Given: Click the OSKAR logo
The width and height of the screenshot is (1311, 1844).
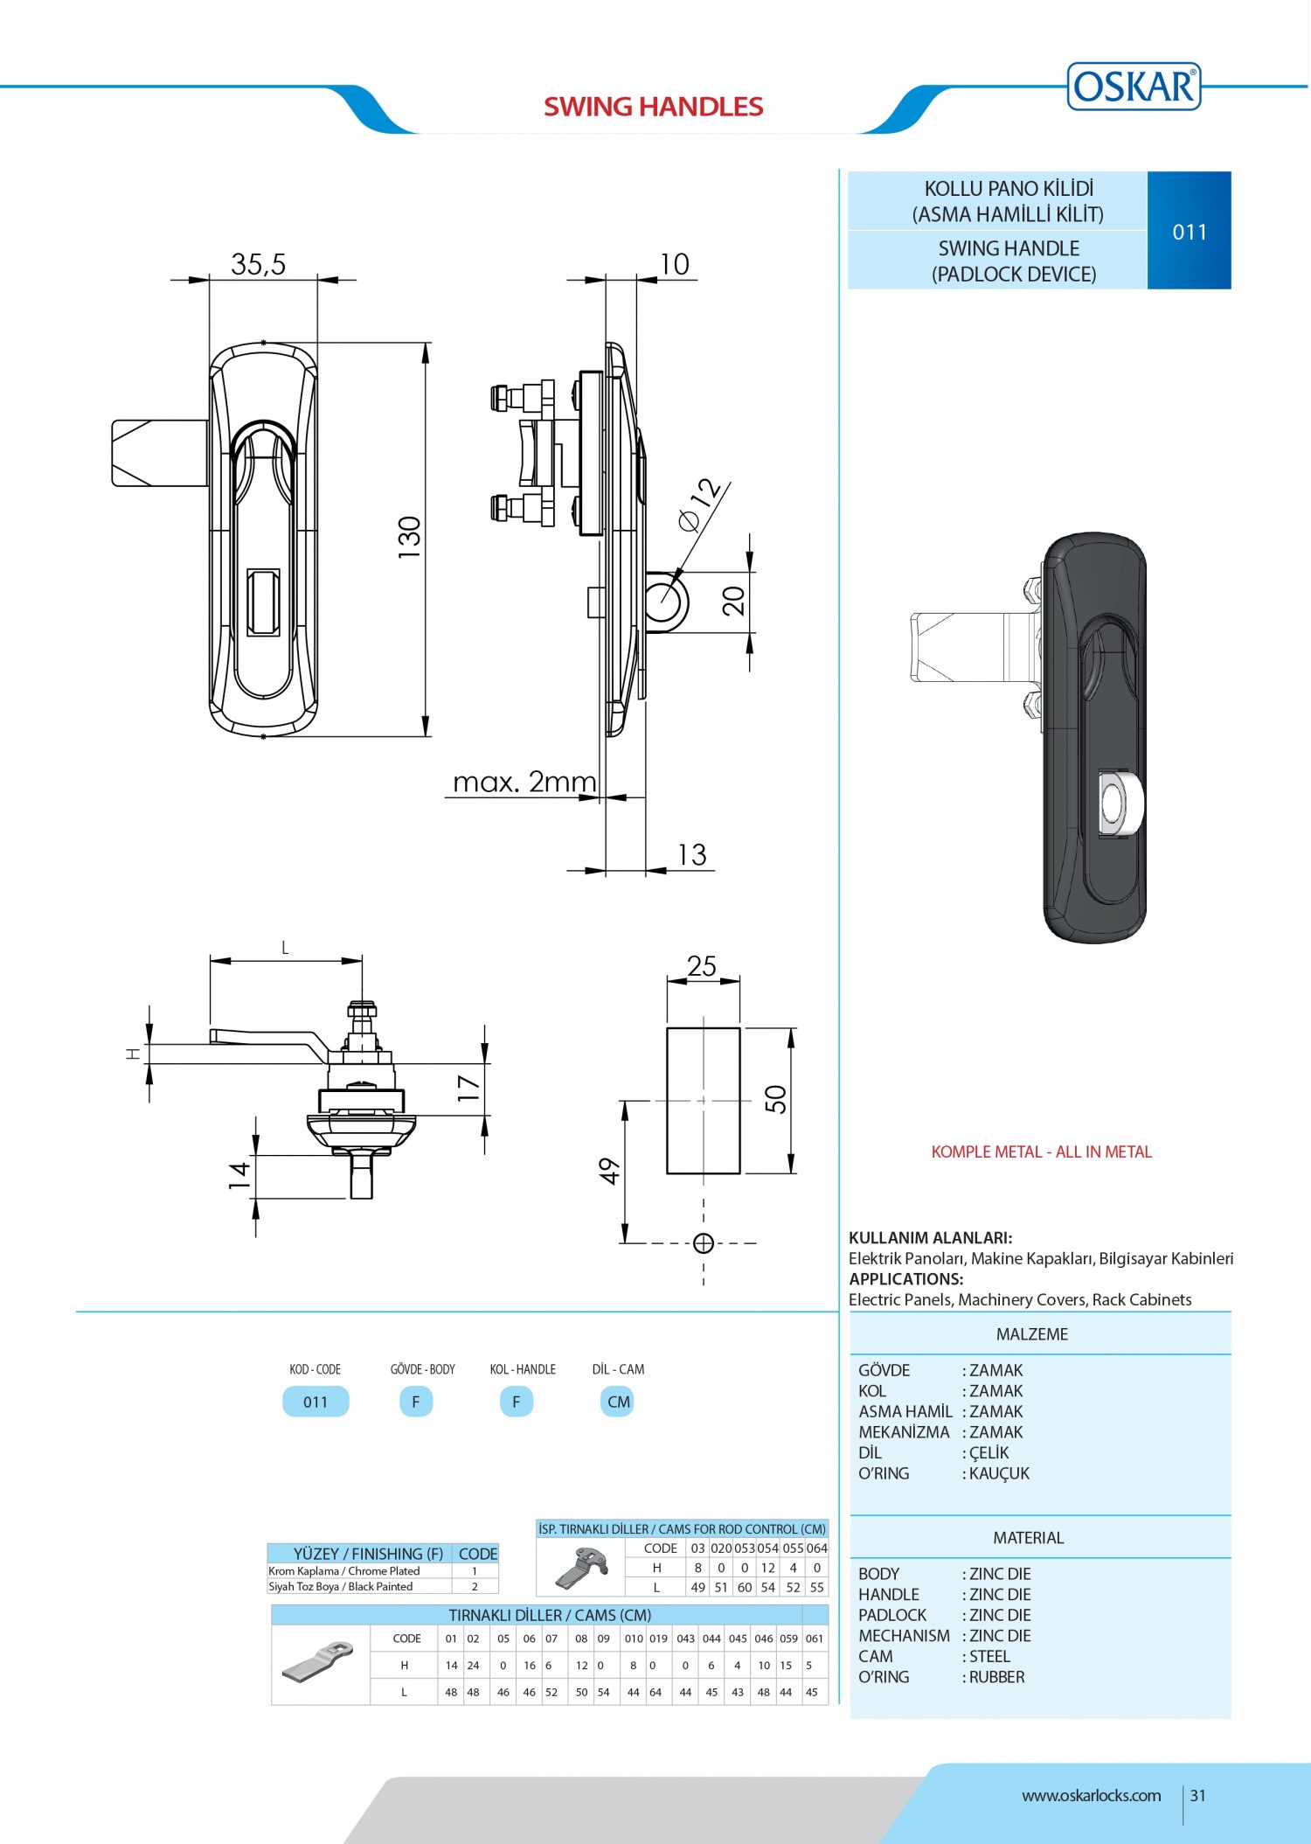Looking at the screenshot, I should pos(1134,87).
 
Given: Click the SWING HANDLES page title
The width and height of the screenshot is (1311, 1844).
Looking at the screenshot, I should pos(653,107).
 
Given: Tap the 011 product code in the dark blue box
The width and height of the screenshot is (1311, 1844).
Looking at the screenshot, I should pos(1189,232).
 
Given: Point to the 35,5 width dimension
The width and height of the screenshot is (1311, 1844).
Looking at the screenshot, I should pos(258,264).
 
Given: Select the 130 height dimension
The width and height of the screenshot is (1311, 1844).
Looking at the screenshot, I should pos(409,538).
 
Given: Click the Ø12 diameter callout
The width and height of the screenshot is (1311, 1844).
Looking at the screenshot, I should pos(700,505).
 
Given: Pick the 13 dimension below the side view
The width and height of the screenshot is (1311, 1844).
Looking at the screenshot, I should pos(691,854).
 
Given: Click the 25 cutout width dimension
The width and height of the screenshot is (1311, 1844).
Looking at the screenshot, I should pos(702,966).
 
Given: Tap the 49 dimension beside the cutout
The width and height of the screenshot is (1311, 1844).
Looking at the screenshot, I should pos(609,1172).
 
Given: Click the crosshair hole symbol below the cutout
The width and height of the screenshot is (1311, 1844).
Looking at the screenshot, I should pos(703,1243).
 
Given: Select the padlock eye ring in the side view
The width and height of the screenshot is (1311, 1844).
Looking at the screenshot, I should pos(667,602).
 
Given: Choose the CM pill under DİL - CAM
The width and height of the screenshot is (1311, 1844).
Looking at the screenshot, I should pos(618,1402).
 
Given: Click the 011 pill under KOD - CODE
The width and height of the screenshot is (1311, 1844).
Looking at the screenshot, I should pos(316,1402).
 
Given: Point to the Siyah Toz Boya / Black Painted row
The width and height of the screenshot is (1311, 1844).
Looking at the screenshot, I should pos(341,1586).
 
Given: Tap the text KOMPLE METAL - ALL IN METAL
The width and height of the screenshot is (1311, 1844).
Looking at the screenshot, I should pos(1041,1152).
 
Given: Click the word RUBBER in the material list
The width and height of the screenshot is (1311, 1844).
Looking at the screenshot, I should pos(996,1677).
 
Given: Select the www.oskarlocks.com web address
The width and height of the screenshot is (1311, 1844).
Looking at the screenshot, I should pos(1091,1796).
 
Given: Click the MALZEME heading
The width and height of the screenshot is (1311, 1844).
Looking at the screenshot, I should pos(1031,1334).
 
